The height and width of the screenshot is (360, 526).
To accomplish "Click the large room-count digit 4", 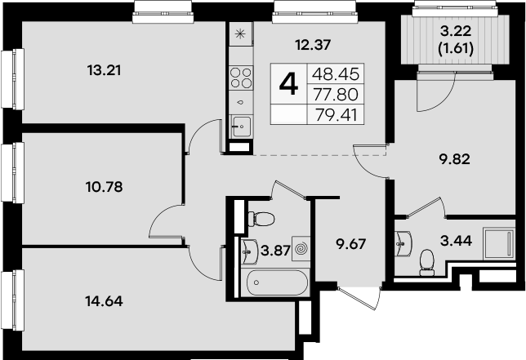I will pos(288,83).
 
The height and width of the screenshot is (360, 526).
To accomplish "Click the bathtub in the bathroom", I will pos(278,285).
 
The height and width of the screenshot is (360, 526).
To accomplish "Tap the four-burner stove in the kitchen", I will pos(241,78).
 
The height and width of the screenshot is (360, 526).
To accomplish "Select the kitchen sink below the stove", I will pos(241,124).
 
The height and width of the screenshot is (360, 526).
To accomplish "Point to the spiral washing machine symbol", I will pos(301,247).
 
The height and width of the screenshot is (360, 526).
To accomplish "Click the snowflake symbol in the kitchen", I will pos(240,34).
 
